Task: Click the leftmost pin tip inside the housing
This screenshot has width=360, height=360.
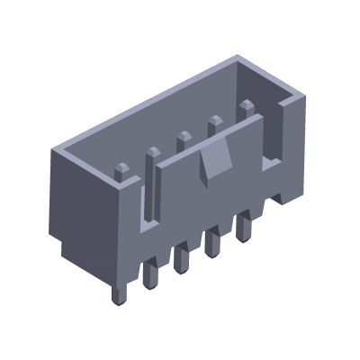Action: (121, 168)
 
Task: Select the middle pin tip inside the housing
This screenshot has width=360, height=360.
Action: (184, 139)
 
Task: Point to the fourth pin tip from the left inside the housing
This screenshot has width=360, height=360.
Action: (214, 123)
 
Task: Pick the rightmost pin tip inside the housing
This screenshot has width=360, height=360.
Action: (245, 109)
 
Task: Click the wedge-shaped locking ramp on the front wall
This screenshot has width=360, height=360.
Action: (213, 163)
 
